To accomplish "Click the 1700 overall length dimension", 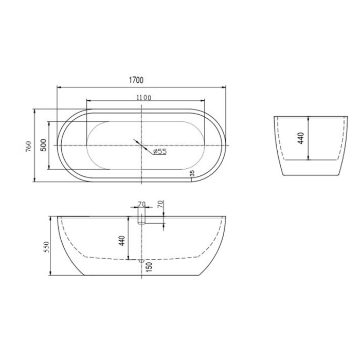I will [x=136, y=80].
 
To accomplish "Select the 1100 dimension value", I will [x=143, y=97].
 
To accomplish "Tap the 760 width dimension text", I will [x=28, y=146].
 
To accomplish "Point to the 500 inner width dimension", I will [x=44, y=146].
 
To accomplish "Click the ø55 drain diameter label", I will [x=159, y=151].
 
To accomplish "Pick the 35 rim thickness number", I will [x=192, y=174].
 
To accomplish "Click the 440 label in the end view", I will [x=301, y=138].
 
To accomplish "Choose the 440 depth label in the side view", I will [x=122, y=240].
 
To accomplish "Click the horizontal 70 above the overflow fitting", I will [x=141, y=204].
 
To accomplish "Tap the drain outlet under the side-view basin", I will [x=141, y=261].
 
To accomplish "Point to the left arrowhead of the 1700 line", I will [x=58, y=86].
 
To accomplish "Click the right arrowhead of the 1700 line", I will [x=224, y=86].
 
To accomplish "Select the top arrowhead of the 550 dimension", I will [x=50, y=218].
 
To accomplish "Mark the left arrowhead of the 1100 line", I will [x=88, y=100].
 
